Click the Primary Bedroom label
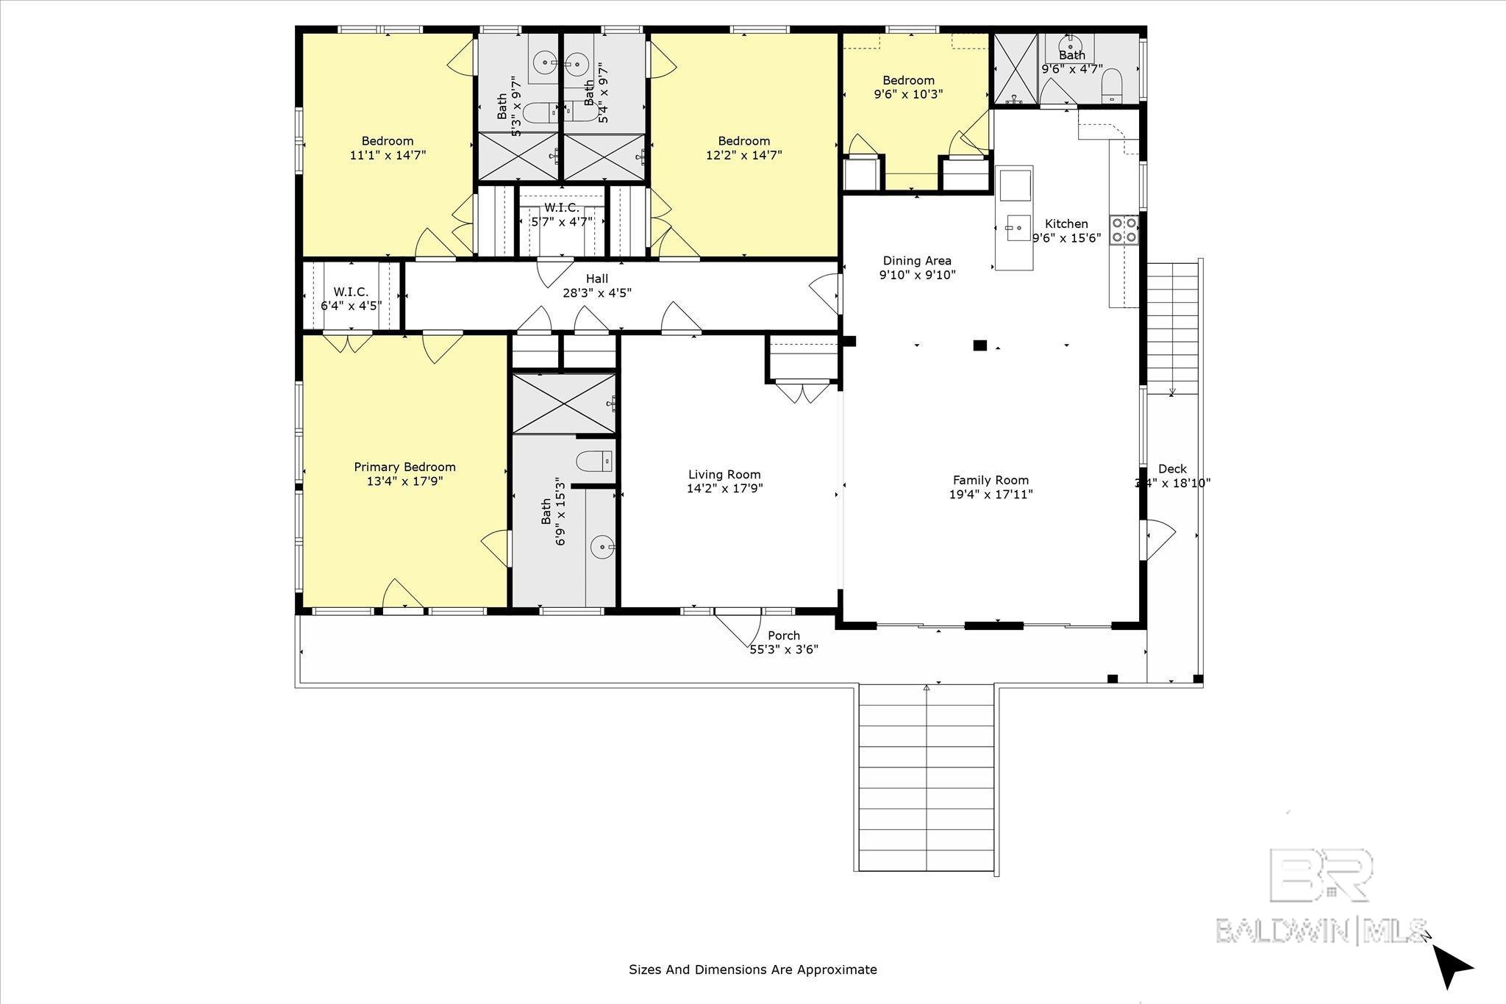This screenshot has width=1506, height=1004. pyautogui.click(x=404, y=467)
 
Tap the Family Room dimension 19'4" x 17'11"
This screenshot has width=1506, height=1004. pyautogui.click(x=991, y=495)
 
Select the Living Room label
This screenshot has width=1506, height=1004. pyautogui.click(x=724, y=475)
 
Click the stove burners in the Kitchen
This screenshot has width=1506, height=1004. pyautogui.click(x=1124, y=229)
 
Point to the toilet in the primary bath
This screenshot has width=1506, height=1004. pyautogui.click(x=595, y=462)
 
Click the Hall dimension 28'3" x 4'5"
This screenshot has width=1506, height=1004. pyautogui.click(x=596, y=293)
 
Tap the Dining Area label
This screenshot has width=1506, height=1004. pyautogui.click(x=917, y=260)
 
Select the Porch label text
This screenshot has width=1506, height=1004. pyautogui.click(x=783, y=636)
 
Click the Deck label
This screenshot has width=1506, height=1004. pyautogui.click(x=1172, y=469)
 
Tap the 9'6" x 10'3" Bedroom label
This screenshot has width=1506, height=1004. pyautogui.click(x=908, y=80)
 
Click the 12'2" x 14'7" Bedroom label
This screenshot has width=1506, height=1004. pyautogui.click(x=743, y=141)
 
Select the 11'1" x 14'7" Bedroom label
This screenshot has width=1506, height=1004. pyautogui.click(x=388, y=141)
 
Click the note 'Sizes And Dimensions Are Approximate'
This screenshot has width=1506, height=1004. pyautogui.click(x=752, y=969)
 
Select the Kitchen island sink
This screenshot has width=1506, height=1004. pyautogui.click(x=1018, y=228)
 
